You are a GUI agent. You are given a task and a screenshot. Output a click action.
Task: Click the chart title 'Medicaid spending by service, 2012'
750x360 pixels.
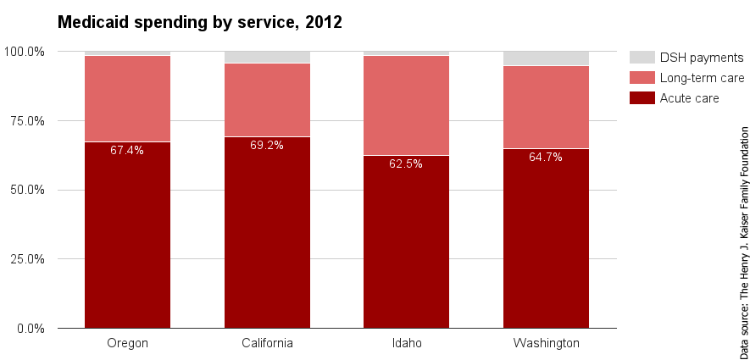pos(199,23)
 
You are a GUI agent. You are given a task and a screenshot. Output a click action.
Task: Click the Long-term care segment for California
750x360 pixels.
pos(267,100)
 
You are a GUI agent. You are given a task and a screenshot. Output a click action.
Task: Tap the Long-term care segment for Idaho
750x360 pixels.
pos(406,105)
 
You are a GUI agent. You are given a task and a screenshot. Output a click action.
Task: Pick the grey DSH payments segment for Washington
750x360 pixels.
pos(546,58)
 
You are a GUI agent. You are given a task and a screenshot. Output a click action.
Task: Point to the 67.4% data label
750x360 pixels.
pos(127,151)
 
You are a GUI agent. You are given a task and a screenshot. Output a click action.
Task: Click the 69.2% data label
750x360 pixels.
pos(267,146)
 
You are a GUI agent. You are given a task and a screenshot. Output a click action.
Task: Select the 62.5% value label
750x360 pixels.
pos(406,164)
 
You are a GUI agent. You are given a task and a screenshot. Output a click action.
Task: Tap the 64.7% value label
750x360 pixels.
pos(546,158)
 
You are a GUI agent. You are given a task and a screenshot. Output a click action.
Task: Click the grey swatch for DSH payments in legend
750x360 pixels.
pos(642,58)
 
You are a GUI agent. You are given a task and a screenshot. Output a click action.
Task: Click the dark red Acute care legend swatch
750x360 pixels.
pos(642,98)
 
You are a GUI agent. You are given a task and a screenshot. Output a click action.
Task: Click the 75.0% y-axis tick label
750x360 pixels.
pos(27,121)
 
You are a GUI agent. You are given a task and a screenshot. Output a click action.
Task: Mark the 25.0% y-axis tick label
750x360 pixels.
pos(27,259)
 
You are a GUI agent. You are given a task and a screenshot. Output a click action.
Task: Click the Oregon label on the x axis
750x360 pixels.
pos(127,343)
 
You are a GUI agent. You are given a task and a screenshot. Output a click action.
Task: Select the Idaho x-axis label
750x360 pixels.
pos(406,343)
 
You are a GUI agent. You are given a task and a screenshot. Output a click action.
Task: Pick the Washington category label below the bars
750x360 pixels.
pos(546,343)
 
